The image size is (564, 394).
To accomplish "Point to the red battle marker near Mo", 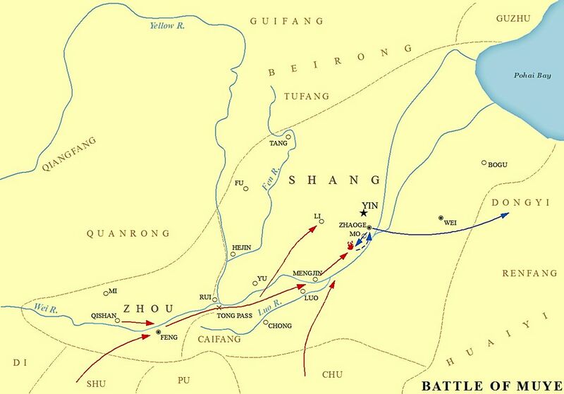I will [x=350, y=245].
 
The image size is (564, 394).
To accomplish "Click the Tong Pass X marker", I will [x=220, y=308].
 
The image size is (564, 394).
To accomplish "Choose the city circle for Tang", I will [x=288, y=137].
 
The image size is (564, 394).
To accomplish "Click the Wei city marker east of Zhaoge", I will [x=441, y=218].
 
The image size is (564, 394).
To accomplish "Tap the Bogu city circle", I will [x=484, y=163].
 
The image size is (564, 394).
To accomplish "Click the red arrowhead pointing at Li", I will [x=317, y=226].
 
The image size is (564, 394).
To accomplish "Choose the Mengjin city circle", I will [x=315, y=279].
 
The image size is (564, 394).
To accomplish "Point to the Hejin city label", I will [x=242, y=247].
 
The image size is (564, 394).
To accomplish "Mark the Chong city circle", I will [x=266, y=323].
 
